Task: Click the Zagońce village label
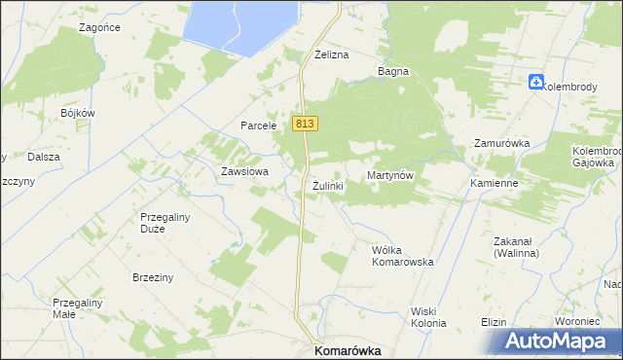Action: point(100,28)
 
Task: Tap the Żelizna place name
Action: point(331,54)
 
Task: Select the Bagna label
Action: point(393,71)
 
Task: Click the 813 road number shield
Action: point(305,124)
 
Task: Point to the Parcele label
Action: point(261,126)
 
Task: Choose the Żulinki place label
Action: point(329,185)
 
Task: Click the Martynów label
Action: point(390,175)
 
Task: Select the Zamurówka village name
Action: point(501,143)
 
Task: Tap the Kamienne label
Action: point(493,183)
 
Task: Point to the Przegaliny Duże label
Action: point(165,224)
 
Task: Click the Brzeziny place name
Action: point(153,277)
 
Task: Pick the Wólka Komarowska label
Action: point(402,256)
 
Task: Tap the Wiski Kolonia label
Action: point(428,316)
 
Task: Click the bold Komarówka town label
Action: point(346,350)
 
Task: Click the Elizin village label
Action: point(495,322)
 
